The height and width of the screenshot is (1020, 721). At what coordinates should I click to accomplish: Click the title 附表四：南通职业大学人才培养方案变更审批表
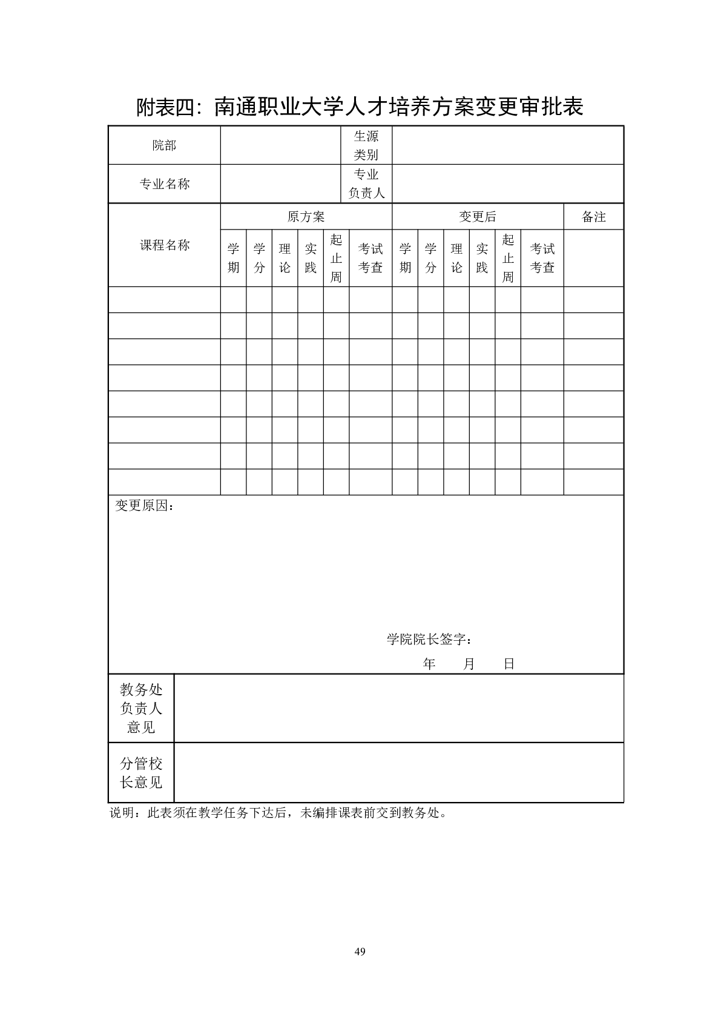coord(360,107)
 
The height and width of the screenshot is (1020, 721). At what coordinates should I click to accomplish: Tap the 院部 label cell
coord(164,145)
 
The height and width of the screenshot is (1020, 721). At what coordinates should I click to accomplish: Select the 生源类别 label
coord(366,145)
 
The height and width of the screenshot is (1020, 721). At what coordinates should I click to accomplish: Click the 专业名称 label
coord(164,184)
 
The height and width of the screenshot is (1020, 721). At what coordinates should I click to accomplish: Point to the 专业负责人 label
coord(366,184)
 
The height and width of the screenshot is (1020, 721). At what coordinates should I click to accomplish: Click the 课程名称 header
coord(164,245)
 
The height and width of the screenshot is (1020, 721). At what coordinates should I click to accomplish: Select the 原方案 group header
coord(306,217)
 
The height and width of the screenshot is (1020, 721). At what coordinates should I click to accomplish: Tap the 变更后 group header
coord(478,217)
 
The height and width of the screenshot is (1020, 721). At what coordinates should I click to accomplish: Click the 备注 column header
coord(593,217)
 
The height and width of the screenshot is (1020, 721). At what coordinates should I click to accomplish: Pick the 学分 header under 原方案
coord(259,258)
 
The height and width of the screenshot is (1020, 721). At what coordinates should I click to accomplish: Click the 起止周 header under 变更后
coord(508,258)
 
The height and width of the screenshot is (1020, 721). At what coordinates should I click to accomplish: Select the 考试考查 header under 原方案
coord(370,258)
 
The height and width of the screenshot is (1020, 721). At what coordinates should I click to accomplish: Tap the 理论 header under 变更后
coord(456,258)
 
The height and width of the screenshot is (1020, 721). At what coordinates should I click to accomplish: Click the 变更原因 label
coord(144,506)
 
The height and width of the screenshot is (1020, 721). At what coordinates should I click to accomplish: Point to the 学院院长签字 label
coord(429,640)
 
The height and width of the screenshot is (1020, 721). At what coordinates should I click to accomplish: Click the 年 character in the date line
coord(429,664)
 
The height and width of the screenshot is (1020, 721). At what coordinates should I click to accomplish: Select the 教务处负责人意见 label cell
coord(141,708)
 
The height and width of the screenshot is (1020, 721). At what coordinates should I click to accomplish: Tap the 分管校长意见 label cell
coord(141,773)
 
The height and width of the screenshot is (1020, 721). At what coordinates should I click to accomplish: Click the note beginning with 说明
coord(278,813)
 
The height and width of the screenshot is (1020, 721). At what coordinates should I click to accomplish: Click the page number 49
coord(360,952)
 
